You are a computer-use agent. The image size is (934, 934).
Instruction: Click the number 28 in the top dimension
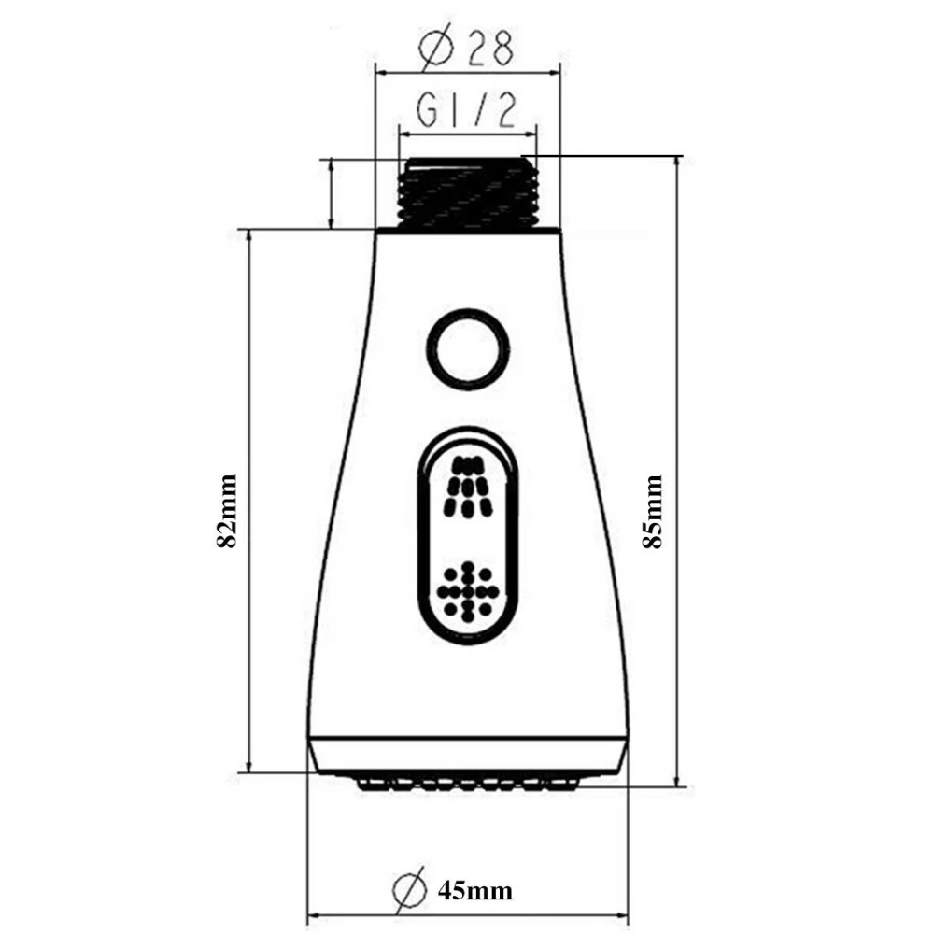pyautogui.click(x=489, y=48)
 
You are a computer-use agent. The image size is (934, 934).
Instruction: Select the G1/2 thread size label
pyautogui.click(x=465, y=111)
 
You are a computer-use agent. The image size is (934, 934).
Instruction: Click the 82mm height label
pyautogui.click(x=227, y=511)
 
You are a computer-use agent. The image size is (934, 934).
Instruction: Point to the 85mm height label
pyautogui.click(x=652, y=511)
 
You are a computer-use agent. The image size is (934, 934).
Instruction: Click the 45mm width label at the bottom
pyautogui.click(x=474, y=891)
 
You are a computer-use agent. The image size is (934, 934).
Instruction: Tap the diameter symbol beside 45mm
pyautogui.click(x=410, y=889)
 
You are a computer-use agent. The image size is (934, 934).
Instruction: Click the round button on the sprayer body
pyautogui.click(x=468, y=349)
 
